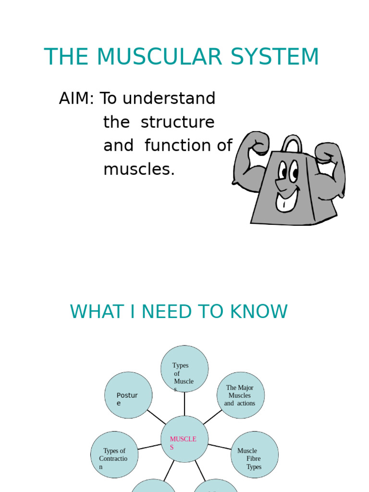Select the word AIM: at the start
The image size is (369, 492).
pyautogui.click(x=77, y=98)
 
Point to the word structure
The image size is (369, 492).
pyautogui.click(x=177, y=123)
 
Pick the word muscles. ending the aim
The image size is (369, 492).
pyautogui.click(x=139, y=169)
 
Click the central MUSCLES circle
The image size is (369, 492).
pyautogui.click(x=184, y=439)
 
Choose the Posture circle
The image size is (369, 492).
pyautogui.click(x=128, y=395)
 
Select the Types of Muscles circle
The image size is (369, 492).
pyautogui.click(x=184, y=369)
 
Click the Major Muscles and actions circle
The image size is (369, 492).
pyautogui.click(x=240, y=395)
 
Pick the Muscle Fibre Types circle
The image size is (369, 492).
pyautogui.click(x=254, y=455)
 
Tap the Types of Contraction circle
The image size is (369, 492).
pyautogui.click(x=114, y=455)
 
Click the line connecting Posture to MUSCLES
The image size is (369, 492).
pyautogui.click(x=156, y=417)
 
